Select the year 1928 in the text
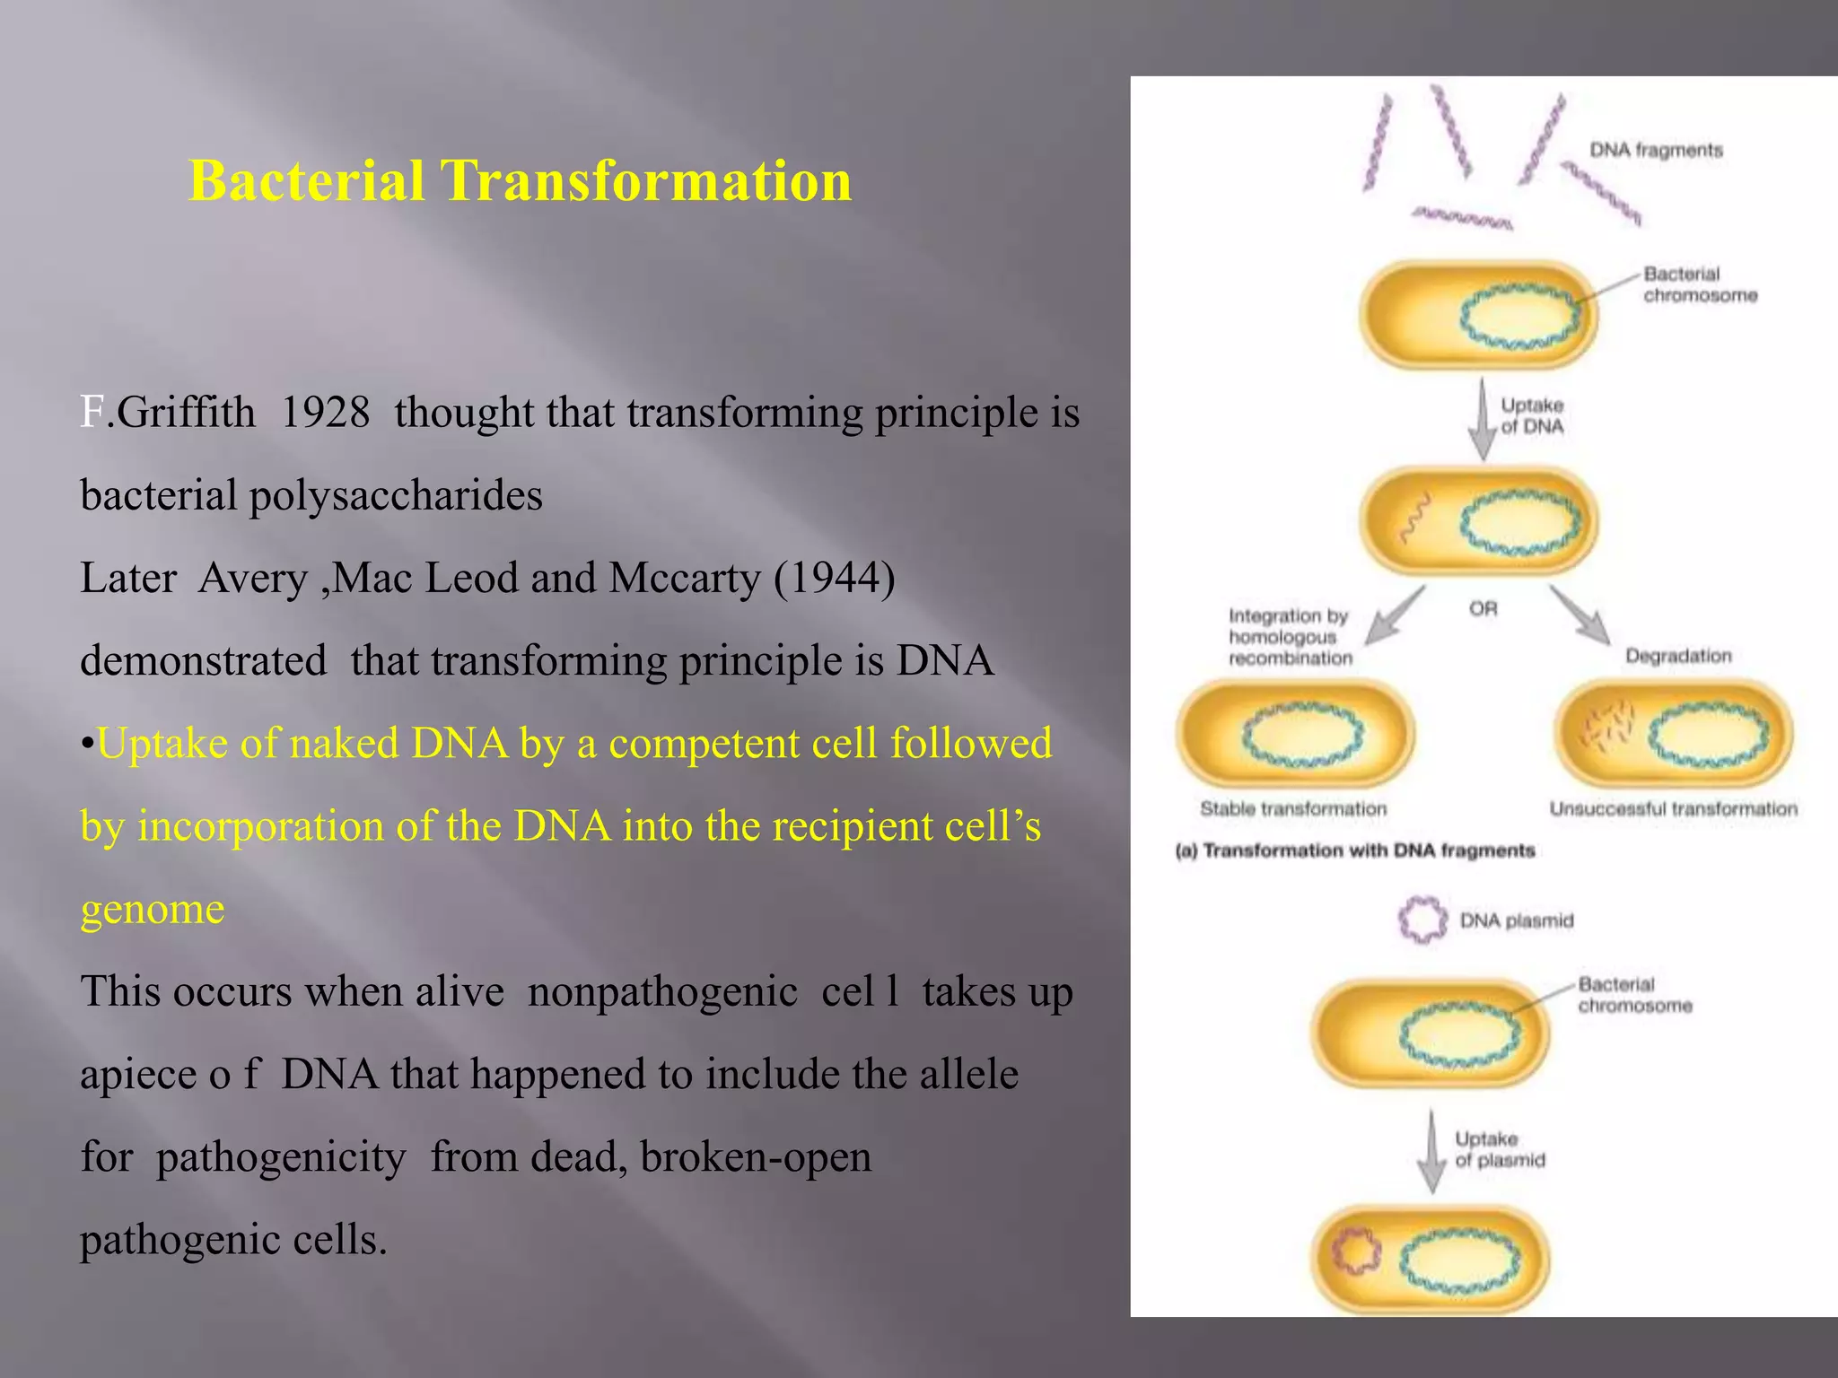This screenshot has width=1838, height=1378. click(325, 414)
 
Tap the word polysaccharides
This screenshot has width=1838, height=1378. click(396, 496)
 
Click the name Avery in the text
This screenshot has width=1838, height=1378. click(253, 579)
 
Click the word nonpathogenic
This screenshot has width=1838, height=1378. click(662, 992)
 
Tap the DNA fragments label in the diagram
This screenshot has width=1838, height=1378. click(1656, 150)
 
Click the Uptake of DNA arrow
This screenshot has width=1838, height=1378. click(1483, 420)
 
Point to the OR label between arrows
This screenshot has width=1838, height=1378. click(1483, 609)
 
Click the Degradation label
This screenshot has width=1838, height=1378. click(1678, 656)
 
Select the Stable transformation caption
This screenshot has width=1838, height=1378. click(1293, 809)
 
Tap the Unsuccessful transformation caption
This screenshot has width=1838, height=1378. click(1673, 809)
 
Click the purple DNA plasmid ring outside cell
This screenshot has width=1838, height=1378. click(1422, 920)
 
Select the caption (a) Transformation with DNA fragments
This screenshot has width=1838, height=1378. click(1355, 850)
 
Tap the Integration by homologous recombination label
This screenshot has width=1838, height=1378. click(1290, 637)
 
